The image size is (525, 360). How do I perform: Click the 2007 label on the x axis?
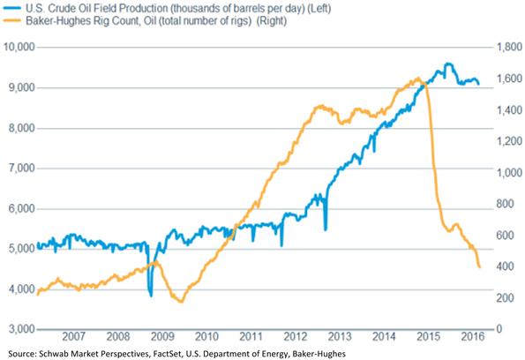click(x=73, y=336)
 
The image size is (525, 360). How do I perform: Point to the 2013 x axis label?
click(x=339, y=336)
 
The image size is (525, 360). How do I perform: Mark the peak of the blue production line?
click(x=447, y=64)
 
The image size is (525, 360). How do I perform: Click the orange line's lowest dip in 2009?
click(x=181, y=302)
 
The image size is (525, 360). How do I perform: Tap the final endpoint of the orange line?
click(x=479, y=266)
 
